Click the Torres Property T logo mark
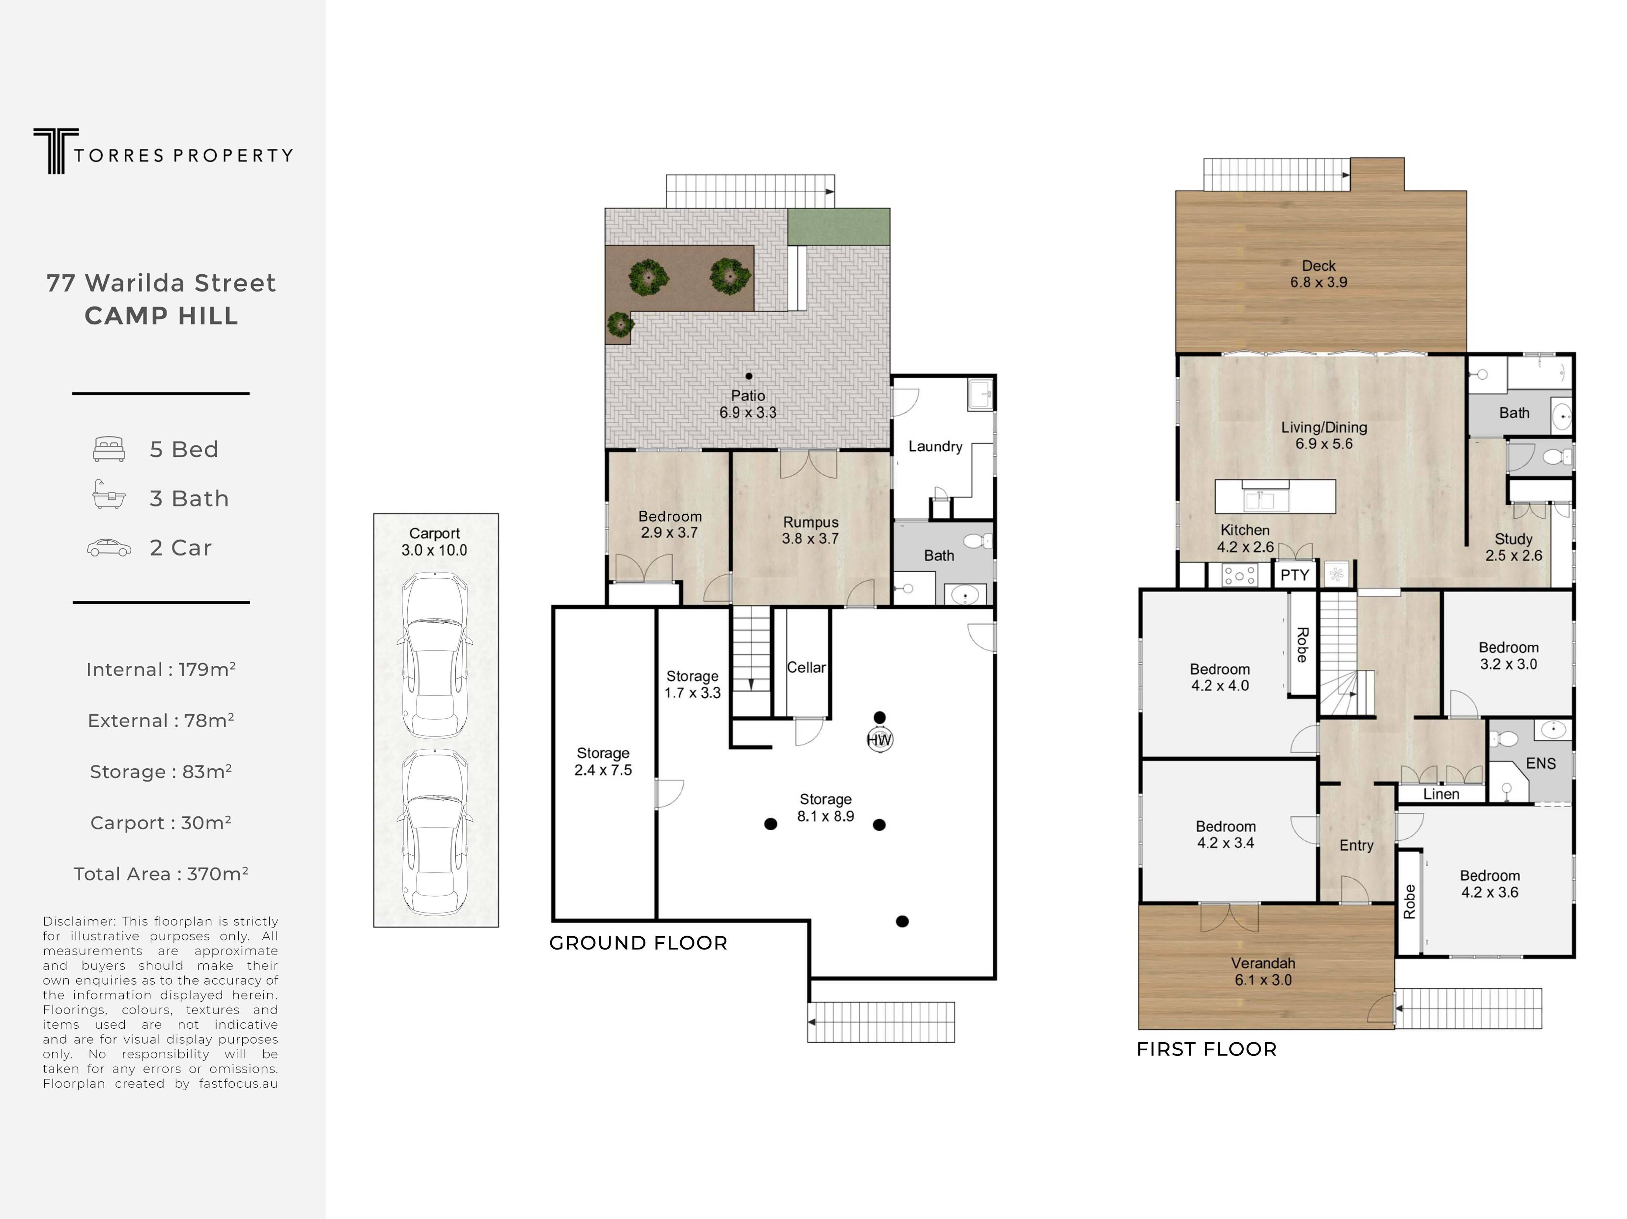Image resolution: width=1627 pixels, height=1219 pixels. pyautogui.click(x=56, y=151)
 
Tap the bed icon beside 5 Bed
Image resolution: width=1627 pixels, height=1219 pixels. pyautogui.click(x=109, y=449)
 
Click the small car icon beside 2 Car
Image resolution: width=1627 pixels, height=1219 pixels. pyautogui.click(x=109, y=548)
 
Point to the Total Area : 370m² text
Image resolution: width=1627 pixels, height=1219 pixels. pyautogui.click(x=161, y=874)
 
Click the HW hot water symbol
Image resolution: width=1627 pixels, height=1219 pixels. pyautogui.click(x=880, y=740)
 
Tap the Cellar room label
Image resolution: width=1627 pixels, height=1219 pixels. pyautogui.click(x=806, y=667)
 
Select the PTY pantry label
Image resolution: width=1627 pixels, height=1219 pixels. pyautogui.click(x=1294, y=575)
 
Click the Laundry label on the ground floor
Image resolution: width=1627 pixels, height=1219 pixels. pyautogui.click(x=935, y=447)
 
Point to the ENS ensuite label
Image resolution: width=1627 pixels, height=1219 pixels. pyautogui.click(x=1541, y=764)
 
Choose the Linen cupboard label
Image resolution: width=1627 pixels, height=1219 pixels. pyautogui.click(x=1441, y=794)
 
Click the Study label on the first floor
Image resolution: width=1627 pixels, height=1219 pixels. pyautogui.click(x=1513, y=539)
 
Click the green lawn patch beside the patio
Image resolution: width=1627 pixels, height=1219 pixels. pyautogui.click(x=838, y=227)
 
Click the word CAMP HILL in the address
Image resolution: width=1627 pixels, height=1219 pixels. pyautogui.click(x=162, y=316)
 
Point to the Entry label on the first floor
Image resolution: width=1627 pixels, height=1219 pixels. pyautogui.click(x=1356, y=845)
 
